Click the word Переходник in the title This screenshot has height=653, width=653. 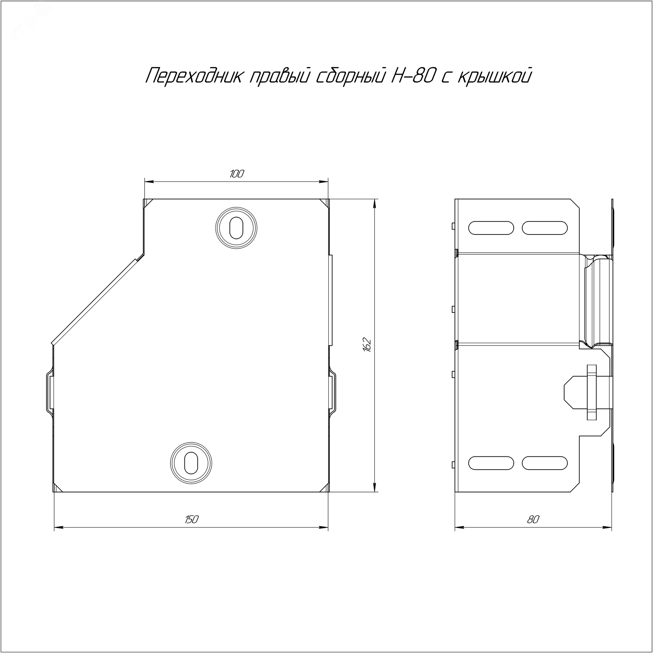tap(194, 76)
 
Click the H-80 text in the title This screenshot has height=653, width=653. tap(411, 76)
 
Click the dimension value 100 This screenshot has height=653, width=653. tap(237, 174)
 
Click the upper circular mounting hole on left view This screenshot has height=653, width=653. tap(236, 228)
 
